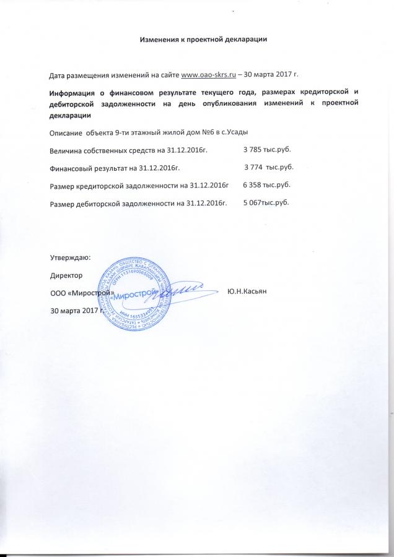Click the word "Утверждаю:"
click(69, 256)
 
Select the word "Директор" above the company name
click(65, 274)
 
